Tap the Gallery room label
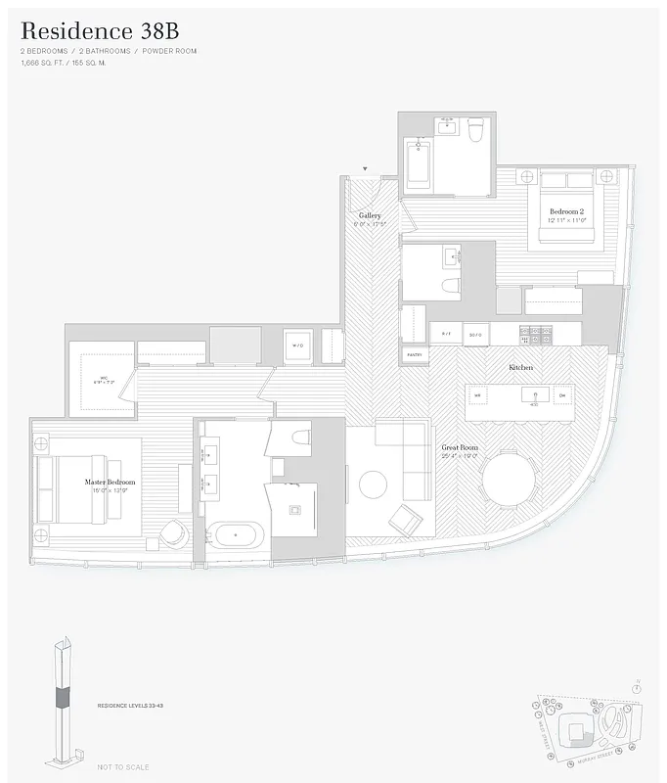tap(370, 215)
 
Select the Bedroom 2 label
tap(567, 211)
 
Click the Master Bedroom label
tap(109, 483)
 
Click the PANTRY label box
tap(414, 354)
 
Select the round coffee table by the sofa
tap(373, 484)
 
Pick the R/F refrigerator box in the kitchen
tap(446, 334)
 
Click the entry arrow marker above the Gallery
tap(366, 168)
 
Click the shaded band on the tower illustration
tap(64, 696)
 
